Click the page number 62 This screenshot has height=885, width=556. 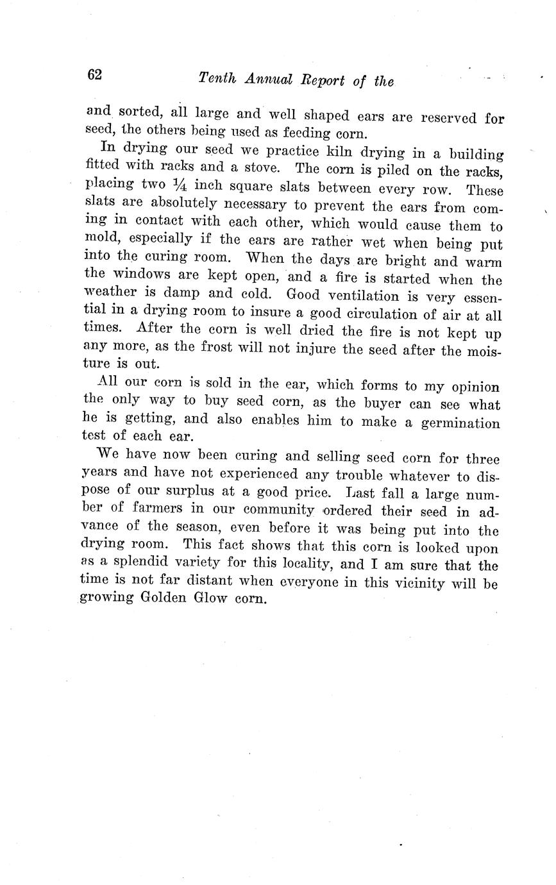[94, 75]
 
